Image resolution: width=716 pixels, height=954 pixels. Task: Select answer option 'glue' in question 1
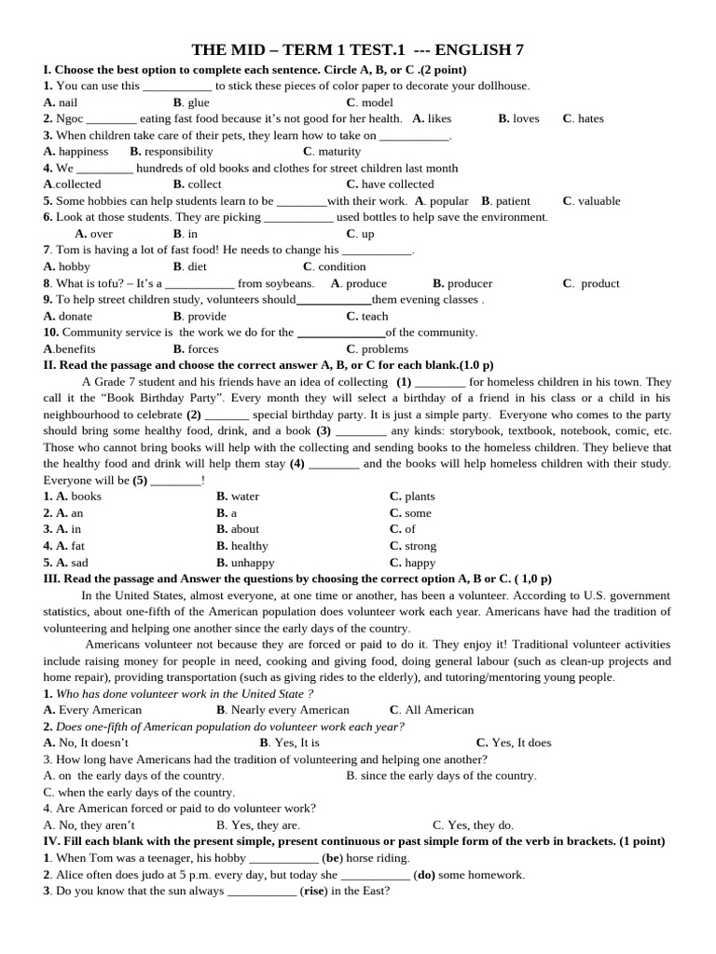click(x=199, y=102)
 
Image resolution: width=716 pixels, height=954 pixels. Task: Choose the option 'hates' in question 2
click(x=590, y=118)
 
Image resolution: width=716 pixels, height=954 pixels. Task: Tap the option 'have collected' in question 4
click(x=397, y=184)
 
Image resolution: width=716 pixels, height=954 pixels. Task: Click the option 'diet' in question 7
click(x=198, y=266)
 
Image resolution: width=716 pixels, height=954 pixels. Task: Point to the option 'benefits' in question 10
click(x=75, y=349)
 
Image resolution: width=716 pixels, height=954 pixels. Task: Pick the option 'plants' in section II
click(x=420, y=497)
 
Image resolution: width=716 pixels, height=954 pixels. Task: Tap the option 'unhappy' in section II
click(x=253, y=563)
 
